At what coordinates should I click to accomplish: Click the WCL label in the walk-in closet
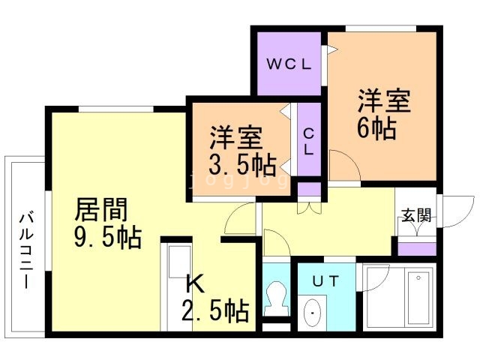(x=289, y=64)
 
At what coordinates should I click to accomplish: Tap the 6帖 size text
(x=376, y=128)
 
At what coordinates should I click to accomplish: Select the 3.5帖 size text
(x=243, y=165)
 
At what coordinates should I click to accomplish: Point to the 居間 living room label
(x=101, y=210)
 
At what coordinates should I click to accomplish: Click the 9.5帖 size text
(x=108, y=237)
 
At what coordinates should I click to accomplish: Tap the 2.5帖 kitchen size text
(x=215, y=310)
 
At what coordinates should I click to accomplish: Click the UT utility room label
(x=326, y=280)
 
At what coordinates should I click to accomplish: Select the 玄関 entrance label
(x=416, y=215)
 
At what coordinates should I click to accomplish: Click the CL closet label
(x=309, y=142)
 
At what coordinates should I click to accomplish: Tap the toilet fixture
(x=277, y=298)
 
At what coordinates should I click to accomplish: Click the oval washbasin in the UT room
(x=313, y=313)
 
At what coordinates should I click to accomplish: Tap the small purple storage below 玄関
(x=417, y=249)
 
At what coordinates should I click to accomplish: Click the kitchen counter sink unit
(x=176, y=288)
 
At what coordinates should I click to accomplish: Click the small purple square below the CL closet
(x=309, y=189)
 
